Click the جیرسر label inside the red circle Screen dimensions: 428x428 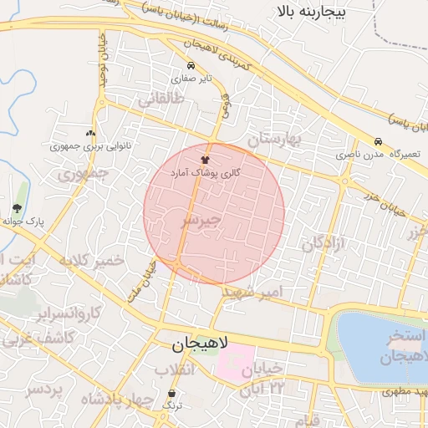[x=201, y=220]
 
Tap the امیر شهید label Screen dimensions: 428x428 [x=255, y=293]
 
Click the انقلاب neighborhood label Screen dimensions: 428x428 [x=175, y=369]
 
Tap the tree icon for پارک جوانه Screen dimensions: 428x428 [x=18, y=208]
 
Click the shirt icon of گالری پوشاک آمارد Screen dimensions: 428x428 [x=205, y=157]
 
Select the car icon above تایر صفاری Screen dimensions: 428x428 [x=191, y=65]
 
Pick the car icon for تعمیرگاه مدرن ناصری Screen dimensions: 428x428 [x=379, y=141]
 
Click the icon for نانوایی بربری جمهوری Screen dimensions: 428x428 [x=90, y=133]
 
